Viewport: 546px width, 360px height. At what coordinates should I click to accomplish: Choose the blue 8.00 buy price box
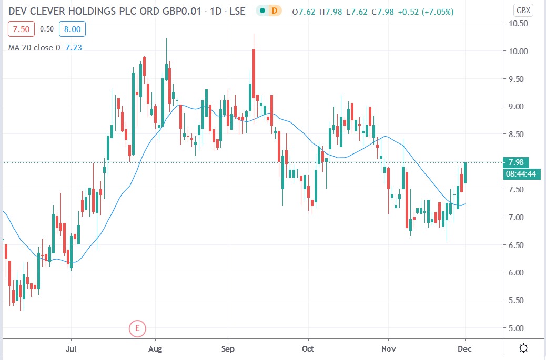(72, 29)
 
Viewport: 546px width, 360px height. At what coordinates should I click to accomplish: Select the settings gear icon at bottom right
(523, 348)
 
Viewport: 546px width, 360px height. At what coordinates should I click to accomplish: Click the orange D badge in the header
(274, 11)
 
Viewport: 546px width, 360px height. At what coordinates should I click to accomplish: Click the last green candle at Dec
(466, 173)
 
